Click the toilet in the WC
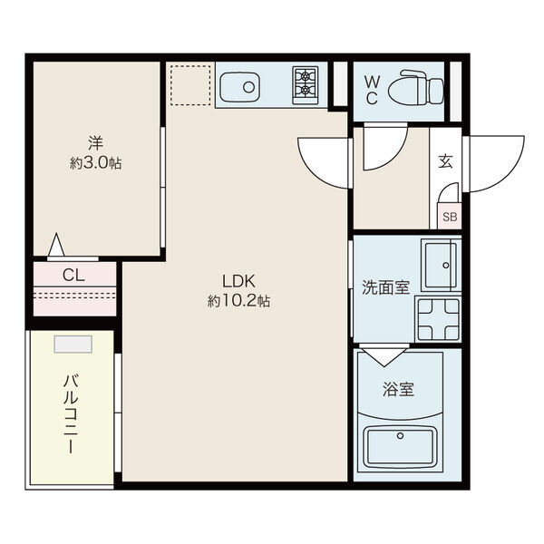[416, 87]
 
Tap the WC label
[373, 90]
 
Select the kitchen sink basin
[239, 87]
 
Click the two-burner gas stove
[306, 85]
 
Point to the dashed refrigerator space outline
[190, 85]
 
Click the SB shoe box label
[450, 217]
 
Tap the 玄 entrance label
[445, 161]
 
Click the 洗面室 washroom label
[386, 287]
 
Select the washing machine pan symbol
[439, 319]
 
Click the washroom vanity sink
[441, 265]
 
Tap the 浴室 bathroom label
[399, 389]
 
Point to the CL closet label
[73, 276]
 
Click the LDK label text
[238, 281]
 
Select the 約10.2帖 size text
[238, 301]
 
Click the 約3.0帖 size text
[96, 162]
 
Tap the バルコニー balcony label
[71, 414]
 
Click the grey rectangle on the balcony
[73, 345]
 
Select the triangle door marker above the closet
[56, 245]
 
